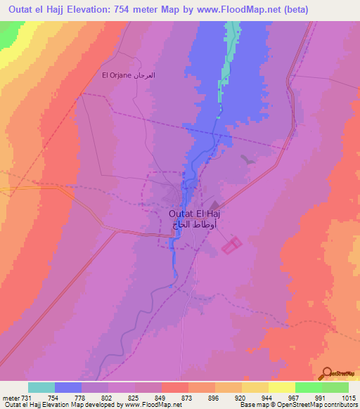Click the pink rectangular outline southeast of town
(x=231, y=245)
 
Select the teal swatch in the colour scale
(x=41, y=387)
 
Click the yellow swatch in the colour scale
(x=281, y=387)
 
